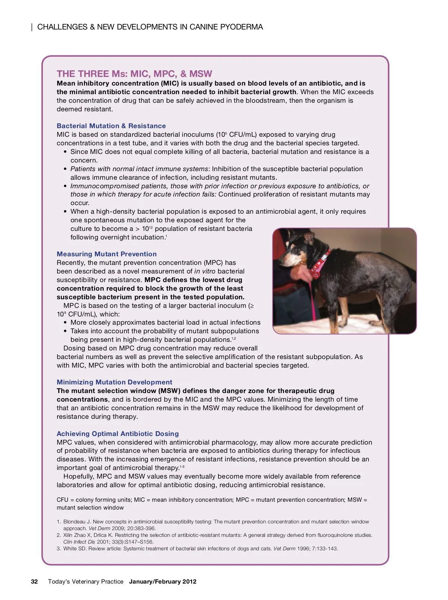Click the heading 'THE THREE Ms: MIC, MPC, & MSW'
[x=134, y=74]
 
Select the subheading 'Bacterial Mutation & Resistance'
[x=111, y=126]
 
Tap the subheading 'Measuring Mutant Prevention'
[x=107, y=254]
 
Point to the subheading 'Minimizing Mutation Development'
[x=115, y=382]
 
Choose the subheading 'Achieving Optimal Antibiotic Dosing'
[x=118, y=434]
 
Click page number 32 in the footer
[x=34, y=581]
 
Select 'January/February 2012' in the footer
[x=163, y=581]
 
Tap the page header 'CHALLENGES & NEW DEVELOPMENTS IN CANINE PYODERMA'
[x=150, y=27]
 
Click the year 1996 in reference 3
[x=303, y=548]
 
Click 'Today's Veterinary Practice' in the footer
[x=85, y=581]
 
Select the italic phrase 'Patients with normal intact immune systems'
[x=139, y=169]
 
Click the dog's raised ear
[x=309, y=237]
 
